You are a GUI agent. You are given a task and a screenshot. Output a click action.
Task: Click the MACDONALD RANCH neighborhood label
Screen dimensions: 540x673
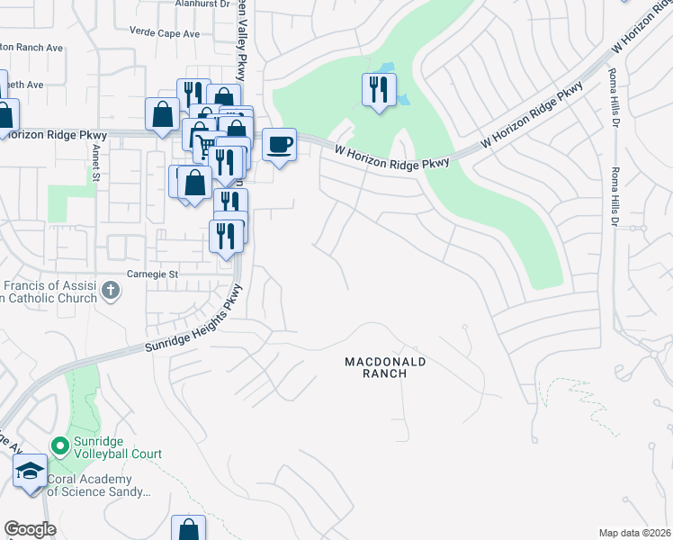[x=384, y=367]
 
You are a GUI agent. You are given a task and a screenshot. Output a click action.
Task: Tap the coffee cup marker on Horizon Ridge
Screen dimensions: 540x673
[x=279, y=144]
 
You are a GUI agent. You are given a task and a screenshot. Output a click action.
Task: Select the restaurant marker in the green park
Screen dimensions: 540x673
[x=378, y=90]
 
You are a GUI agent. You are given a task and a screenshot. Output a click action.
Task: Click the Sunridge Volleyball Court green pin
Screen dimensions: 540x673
[x=60, y=445]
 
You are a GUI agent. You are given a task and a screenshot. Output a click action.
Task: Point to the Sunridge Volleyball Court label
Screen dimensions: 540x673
[x=117, y=454]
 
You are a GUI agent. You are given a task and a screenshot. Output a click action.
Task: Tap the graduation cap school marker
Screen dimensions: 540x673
[x=30, y=471]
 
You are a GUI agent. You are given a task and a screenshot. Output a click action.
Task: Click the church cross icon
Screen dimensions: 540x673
[x=111, y=290]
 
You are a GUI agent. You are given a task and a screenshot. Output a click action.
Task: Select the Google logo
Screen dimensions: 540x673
[x=30, y=529]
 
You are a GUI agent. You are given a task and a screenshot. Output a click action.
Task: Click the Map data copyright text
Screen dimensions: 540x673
[x=635, y=533]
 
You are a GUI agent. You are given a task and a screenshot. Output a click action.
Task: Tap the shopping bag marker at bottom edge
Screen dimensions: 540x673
[x=189, y=529]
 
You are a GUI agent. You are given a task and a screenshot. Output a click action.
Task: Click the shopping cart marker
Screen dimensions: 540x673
[x=207, y=144]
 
